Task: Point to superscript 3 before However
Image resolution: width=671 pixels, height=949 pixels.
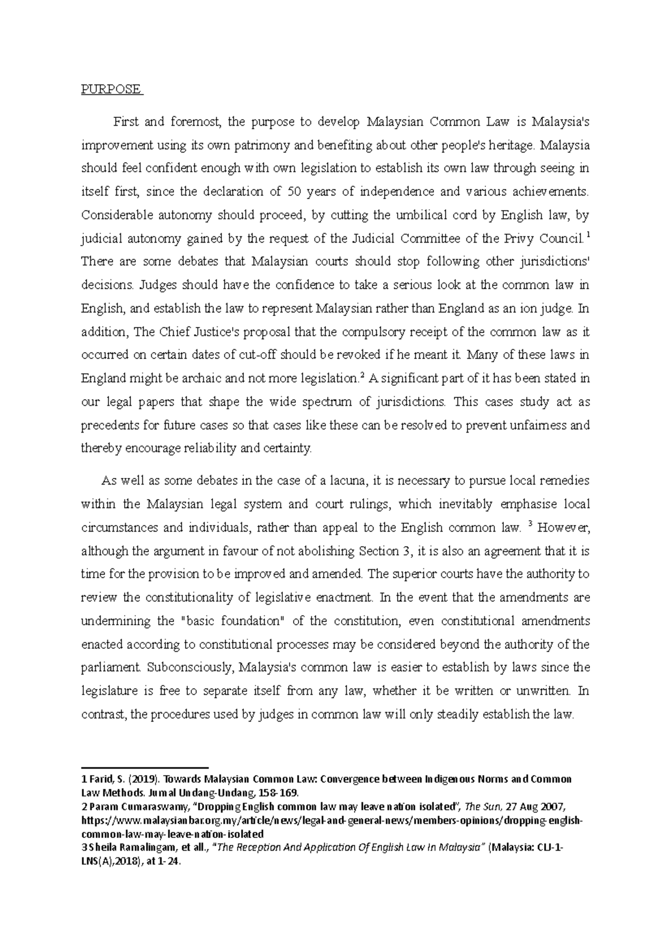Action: click(530, 524)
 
